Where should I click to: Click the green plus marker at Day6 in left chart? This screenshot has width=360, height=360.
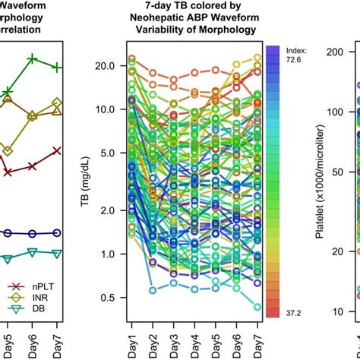tap(32, 58)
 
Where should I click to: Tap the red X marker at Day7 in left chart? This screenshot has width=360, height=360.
tap(57, 151)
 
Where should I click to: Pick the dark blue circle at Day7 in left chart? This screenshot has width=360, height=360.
tap(57, 232)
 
